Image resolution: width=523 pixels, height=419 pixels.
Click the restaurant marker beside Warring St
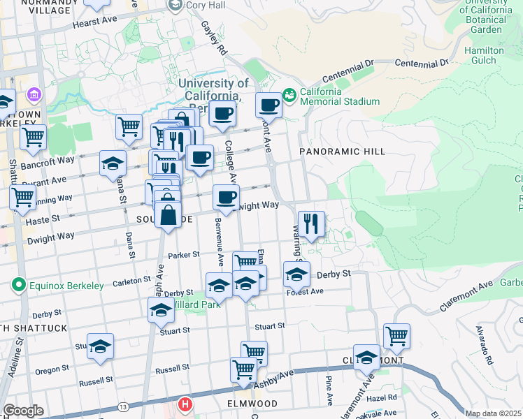(311, 224)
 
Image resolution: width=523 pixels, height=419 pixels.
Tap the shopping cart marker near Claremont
(396, 336)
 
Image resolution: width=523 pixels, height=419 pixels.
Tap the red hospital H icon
(185, 404)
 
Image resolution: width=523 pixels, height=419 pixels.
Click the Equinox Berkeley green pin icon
(17, 285)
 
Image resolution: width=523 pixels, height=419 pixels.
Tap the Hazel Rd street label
(382, 397)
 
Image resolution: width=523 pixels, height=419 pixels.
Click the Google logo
(23, 411)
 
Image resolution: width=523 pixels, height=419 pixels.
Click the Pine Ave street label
(329, 391)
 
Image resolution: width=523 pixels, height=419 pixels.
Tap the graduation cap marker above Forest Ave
(296, 274)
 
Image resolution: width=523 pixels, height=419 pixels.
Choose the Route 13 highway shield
(123, 406)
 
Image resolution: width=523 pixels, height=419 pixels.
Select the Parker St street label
(184, 255)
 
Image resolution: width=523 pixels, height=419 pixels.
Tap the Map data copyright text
(493, 413)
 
